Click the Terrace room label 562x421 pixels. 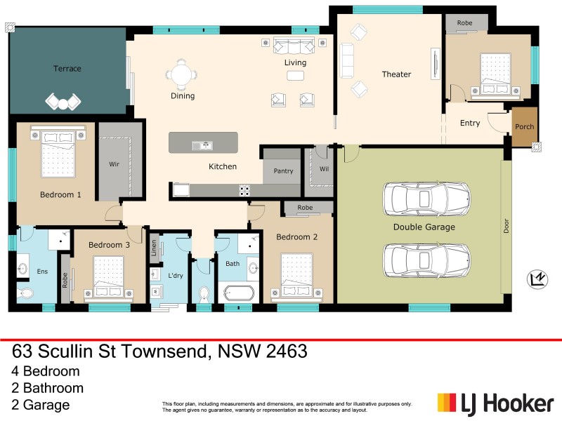pos(67,69)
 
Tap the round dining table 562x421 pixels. pos(183,73)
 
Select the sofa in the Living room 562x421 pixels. pos(295,47)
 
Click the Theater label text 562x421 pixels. pos(396,74)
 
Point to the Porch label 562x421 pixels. pos(524,127)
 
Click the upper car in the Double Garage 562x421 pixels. pos(426,199)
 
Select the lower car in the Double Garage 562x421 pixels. pos(426,260)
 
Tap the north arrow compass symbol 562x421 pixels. pos(537,280)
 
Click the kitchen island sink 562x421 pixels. pos(202,145)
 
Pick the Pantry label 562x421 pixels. pos(283,171)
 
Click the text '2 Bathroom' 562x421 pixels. pos(48,388)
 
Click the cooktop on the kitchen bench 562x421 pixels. pos(245,189)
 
